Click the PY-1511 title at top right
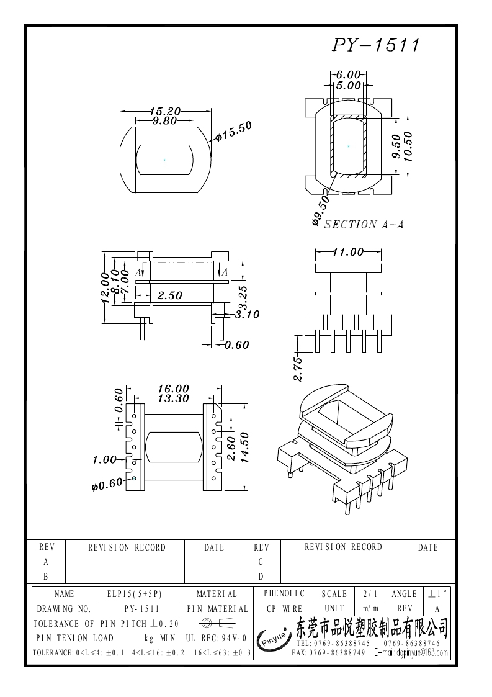pyautogui.click(x=376, y=45)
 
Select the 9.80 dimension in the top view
pyautogui.click(x=164, y=121)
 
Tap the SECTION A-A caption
pyautogui.click(x=364, y=225)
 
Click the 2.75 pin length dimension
pyautogui.click(x=298, y=369)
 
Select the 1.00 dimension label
pyautogui.click(x=104, y=459)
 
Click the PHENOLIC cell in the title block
pyautogui.click(x=284, y=594)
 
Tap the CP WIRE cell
pyautogui.click(x=284, y=609)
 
